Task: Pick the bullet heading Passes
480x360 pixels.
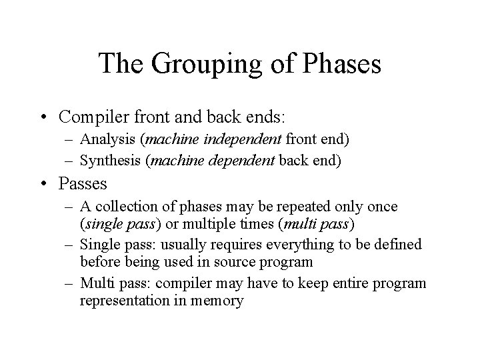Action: coord(83,183)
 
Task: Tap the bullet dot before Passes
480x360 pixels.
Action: coord(45,183)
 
